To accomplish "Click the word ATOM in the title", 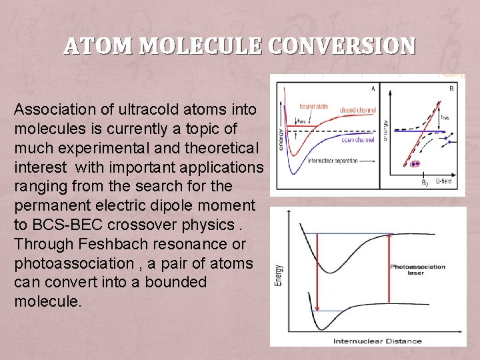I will coord(98,46).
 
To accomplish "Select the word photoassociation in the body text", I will coord(74,263).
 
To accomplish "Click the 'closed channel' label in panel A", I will coord(357,109).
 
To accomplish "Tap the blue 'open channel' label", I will coord(359,140).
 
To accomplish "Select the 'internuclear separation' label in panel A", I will coord(332,161).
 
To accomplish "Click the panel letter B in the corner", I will coord(453,87).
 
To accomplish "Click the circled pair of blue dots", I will coord(415,163).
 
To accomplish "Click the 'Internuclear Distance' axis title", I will coord(377,341).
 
